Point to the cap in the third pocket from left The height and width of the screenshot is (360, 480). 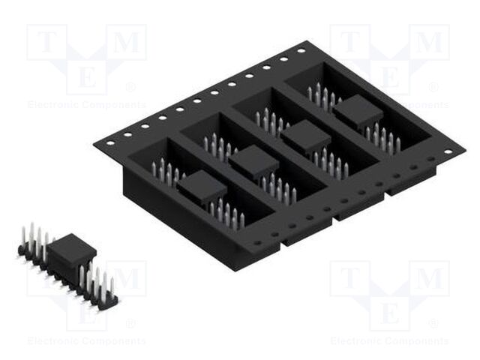pos(305,136)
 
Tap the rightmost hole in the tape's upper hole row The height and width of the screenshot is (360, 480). pos(301,51)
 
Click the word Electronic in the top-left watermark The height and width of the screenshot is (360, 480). pos(53,105)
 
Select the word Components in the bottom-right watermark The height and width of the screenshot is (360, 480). pos(417,341)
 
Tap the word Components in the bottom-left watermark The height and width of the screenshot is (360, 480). pos(114,341)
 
